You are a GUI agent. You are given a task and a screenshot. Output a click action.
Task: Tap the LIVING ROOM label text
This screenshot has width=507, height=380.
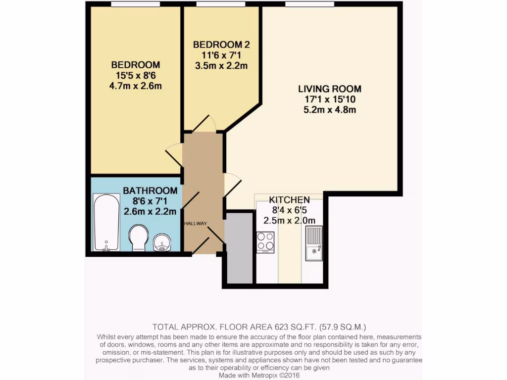click(x=329, y=89)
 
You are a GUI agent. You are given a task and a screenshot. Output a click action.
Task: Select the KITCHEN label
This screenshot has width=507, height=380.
click(x=289, y=200)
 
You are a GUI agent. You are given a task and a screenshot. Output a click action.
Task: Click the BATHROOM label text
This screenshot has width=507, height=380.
click(x=150, y=190)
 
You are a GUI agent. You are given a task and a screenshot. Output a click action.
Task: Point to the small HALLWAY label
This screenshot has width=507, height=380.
click(x=196, y=224)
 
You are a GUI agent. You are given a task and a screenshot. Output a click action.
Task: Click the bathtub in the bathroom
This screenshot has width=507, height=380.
click(x=106, y=222)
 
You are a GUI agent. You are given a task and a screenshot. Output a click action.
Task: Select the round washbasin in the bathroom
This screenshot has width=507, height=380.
click(x=162, y=242)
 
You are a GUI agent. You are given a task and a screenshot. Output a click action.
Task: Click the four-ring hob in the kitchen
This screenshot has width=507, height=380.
click(x=265, y=242)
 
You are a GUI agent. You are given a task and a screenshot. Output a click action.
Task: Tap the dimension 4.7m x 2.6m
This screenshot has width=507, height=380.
click(x=136, y=86)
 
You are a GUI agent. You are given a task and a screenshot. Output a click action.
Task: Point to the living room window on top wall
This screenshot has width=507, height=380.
click(x=309, y=4)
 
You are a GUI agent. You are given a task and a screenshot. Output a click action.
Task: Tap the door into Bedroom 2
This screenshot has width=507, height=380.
click(x=204, y=123)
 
